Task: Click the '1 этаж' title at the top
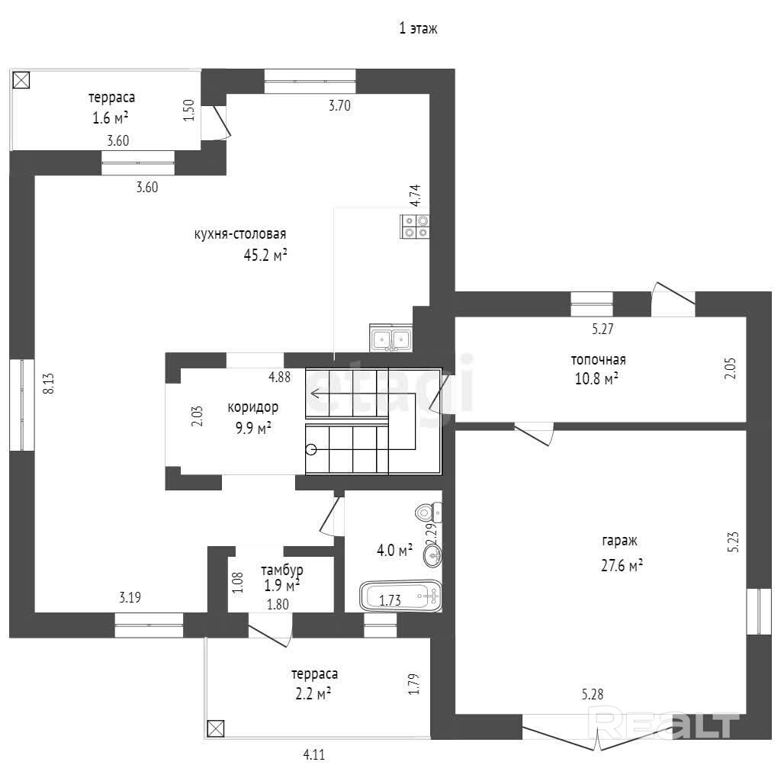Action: coord(418,28)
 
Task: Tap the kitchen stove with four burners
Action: coord(415,227)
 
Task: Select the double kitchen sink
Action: coord(391,338)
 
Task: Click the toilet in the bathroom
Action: coord(429,512)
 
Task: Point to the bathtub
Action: coord(401,596)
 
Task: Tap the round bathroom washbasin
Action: coord(433,555)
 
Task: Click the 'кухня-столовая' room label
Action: coord(240,234)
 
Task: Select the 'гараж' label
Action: coord(619,541)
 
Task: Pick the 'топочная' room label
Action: coord(598,360)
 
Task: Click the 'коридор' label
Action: coord(253,407)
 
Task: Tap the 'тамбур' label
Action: coord(282,570)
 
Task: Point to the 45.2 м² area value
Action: coord(265,255)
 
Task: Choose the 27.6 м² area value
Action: coord(622,566)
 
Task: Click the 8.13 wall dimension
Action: coord(48,384)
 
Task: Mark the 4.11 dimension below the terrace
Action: coord(313,755)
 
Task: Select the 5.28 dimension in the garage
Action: coord(592,694)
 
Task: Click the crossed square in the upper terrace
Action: coord(21,79)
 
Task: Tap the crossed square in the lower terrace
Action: coord(215,728)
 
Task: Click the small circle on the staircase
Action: coord(311,450)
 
